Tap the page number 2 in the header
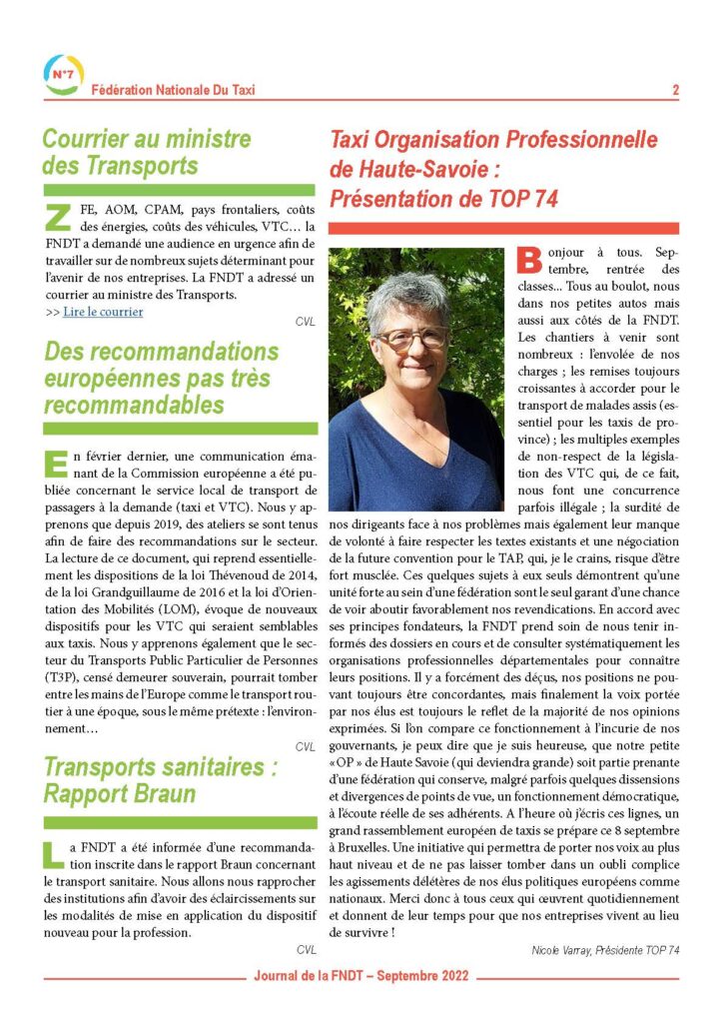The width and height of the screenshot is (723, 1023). click(676, 90)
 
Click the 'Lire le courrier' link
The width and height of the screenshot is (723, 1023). click(103, 312)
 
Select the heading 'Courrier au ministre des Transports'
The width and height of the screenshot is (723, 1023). click(147, 152)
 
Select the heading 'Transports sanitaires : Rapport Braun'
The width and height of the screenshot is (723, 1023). click(160, 782)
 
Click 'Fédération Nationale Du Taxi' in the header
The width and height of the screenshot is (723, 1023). click(173, 90)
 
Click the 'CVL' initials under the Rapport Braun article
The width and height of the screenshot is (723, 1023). click(305, 950)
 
